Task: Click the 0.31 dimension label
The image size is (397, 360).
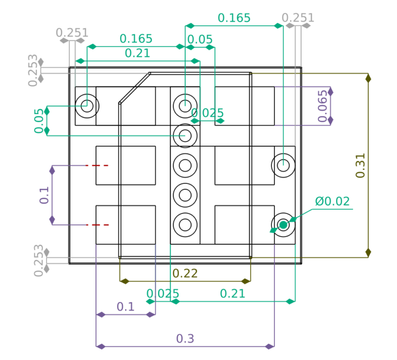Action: [x=360, y=165]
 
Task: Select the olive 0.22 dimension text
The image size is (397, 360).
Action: [x=185, y=273]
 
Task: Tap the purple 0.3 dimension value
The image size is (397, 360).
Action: [x=185, y=338]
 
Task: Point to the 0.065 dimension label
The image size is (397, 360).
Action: [x=323, y=106]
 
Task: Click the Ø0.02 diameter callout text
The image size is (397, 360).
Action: [x=332, y=201]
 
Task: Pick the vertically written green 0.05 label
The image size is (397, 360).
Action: [x=39, y=121]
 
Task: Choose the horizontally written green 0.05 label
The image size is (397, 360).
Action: [x=200, y=39]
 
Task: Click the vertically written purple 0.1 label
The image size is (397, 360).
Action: [x=44, y=195]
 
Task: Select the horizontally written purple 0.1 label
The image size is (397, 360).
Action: [x=126, y=307]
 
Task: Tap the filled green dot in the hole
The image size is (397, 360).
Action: [x=283, y=225]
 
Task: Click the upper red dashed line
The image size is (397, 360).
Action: [x=97, y=165]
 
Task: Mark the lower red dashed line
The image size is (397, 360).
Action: [x=97, y=225]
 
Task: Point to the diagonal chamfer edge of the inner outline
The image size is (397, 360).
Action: [x=135, y=88]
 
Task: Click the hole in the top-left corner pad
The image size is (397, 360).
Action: [x=87, y=106]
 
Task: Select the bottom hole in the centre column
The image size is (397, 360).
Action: [x=185, y=225]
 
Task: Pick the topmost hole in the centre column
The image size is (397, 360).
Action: [x=185, y=106]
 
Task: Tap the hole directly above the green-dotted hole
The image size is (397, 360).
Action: [x=283, y=165]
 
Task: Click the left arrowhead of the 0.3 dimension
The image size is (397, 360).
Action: [x=100, y=347]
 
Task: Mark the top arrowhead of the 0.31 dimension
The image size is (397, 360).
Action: [x=369, y=78]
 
